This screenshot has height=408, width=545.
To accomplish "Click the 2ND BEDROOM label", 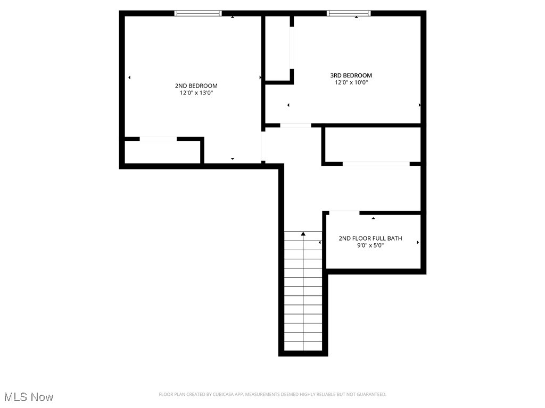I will pos(196,86).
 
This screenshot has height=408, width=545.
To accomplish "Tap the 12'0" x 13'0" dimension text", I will pos(196,93).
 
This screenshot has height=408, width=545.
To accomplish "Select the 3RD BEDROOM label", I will pos(351,75).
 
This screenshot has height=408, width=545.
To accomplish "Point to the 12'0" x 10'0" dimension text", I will pos(351,82).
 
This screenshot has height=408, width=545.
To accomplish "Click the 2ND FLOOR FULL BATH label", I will pos(370,239).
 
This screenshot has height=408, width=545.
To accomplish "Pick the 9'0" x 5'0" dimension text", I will pos(370,245).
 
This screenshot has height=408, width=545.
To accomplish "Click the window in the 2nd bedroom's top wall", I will pos(198,13).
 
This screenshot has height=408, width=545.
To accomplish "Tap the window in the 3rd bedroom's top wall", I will pos(349,13).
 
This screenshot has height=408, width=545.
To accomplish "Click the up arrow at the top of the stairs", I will pos(303,234).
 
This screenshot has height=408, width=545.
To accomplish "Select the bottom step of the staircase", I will pos(303,346).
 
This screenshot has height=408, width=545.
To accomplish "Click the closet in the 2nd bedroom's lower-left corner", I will pos(162,151).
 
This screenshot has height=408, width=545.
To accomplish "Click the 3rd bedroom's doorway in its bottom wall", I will pos(295,125).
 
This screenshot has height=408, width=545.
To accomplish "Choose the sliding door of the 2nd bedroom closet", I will pos(158,139).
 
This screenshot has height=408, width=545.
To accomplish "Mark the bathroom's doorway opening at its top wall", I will pos(344,212).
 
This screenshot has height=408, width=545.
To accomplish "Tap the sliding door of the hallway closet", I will pos(376,164).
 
